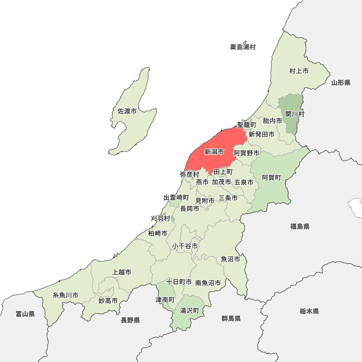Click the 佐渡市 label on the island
(x=127, y=111)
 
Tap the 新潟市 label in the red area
(x=214, y=152)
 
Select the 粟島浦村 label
(x=243, y=47)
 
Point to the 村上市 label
(x=299, y=71)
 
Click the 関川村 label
(x=295, y=114)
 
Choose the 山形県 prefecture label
(x=341, y=83)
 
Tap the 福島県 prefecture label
(x=300, y=227)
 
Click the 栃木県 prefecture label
(x=309, y=311)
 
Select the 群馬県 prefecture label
(x=231, y=319)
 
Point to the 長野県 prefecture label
(x=130, y=320)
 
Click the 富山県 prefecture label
(x=25, y=314)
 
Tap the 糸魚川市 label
(x=66, y=295)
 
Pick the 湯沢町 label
(x=190, y=311)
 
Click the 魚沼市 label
(x=231, y=259)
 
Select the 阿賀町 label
(x=271, y=177)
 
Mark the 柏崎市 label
(x=157, y=233)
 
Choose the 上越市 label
(x=122, y=272)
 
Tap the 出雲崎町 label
(x=176, y=198)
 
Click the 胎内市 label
(x=272, y=121)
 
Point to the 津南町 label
(x=165, y=300)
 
